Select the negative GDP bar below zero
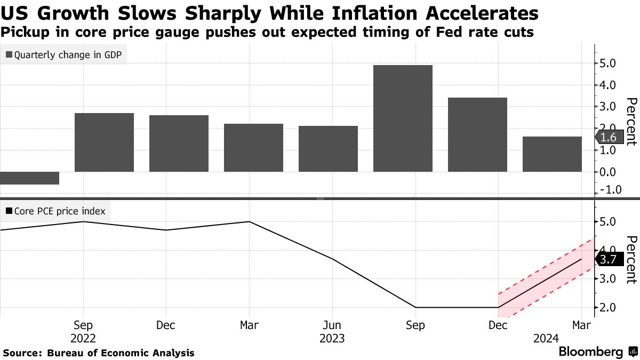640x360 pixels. point(29,178)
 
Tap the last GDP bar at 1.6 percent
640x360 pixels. point(551,154)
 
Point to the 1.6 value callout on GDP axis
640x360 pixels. point(608,137)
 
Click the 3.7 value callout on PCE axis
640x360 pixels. point(608,260)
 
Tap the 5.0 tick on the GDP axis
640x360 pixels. point(609,63)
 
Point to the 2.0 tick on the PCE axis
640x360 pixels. point(609,308)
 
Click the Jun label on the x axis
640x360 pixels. point(332,326)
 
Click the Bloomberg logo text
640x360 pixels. point(591,352)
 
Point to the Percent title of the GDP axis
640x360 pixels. point(631,122)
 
